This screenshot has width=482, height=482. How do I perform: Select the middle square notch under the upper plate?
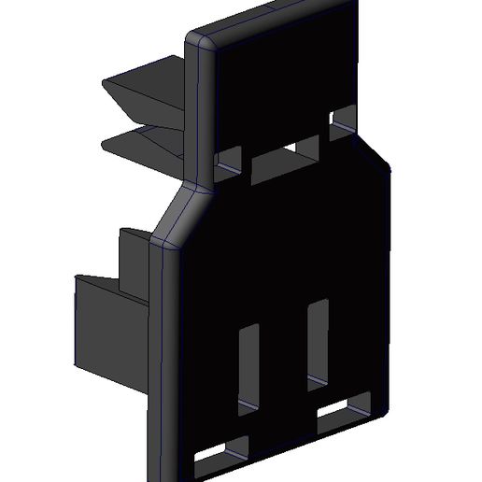[x=305, y=145]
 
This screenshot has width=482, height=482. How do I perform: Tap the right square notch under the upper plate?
[x=343, y=117]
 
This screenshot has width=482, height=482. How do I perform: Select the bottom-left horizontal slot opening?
[x=222, y=452]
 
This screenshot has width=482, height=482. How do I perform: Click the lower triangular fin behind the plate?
[x=145, y=145]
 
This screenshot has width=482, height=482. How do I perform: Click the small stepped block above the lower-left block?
[x=131, y=257]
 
